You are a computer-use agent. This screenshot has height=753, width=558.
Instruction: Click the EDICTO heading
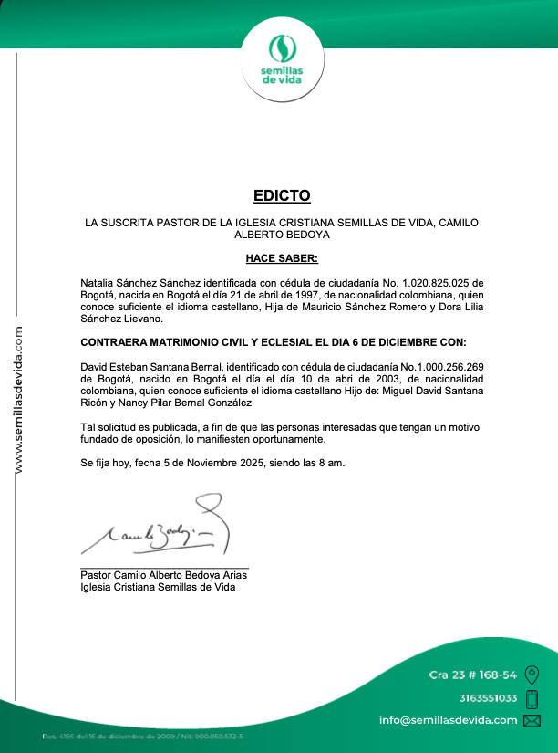282,195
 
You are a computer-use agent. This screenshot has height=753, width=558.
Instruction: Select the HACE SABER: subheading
282,258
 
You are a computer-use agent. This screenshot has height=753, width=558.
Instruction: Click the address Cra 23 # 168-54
473,675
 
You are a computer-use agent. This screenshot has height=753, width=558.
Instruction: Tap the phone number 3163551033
488,698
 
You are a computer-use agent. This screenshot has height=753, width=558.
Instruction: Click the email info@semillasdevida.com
448,720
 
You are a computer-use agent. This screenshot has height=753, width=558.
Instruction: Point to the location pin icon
532,675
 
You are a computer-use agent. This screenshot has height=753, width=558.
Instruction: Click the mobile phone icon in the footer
532,699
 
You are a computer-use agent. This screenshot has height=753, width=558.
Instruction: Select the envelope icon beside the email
532,720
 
